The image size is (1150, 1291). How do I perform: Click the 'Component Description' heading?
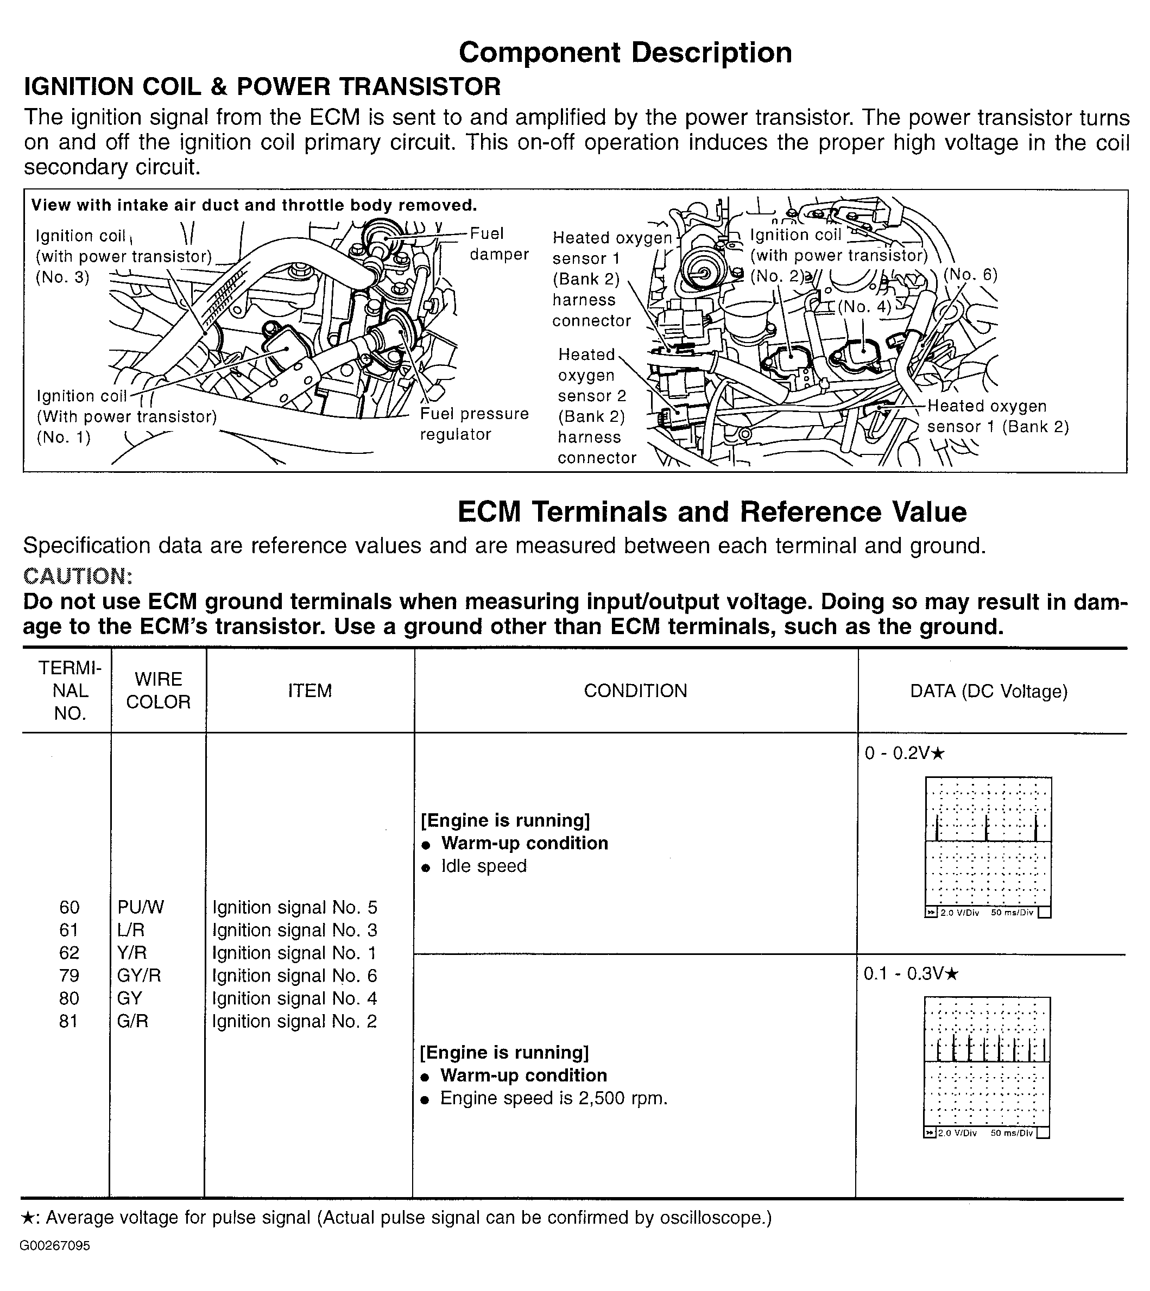[x=625, y=53]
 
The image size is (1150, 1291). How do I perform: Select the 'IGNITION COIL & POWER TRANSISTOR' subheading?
[x=262, y=86]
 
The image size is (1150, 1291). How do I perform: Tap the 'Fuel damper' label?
[x=498, y=244]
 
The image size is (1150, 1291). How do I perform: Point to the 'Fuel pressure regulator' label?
[x=474, y=423]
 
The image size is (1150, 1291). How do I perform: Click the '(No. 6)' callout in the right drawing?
[x=970, y=275]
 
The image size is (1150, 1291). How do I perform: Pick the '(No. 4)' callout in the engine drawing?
[x=864, y=307]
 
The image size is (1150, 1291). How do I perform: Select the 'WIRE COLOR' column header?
[x=158, y=691]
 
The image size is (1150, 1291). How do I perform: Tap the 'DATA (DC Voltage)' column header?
[x=988, y=691]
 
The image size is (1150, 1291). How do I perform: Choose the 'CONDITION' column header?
[x=635, y=691]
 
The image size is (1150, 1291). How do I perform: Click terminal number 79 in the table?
[x=69, y=976]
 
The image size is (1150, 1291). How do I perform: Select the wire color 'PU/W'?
[x=140, y=907]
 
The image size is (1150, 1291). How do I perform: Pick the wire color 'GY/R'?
[x=139, y=976]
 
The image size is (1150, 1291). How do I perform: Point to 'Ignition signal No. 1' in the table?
[x=294, y=953]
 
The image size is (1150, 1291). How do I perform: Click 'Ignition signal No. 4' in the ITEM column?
[x=294, y=998]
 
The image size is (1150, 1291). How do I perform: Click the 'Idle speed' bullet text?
[x=483, y=866]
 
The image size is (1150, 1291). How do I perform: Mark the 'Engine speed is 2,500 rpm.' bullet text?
[x=553, y=1098]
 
